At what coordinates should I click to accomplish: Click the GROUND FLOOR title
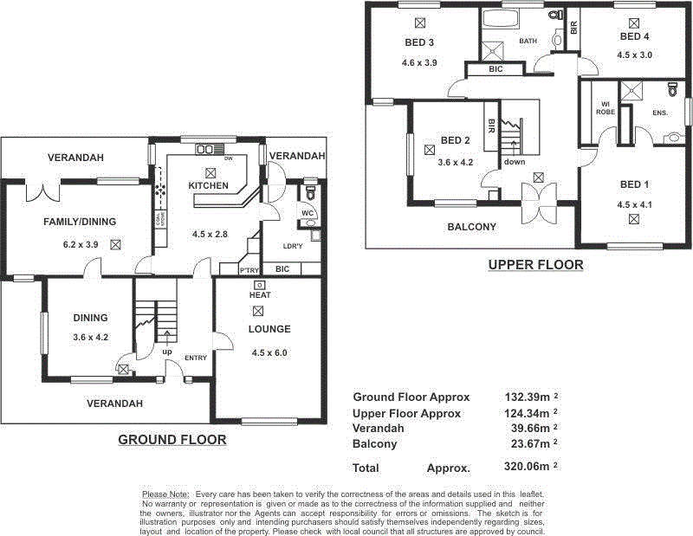[172, 440]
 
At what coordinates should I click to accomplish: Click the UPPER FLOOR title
[535, 265]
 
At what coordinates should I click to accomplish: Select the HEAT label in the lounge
[258, 295]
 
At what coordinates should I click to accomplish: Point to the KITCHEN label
[209, 186]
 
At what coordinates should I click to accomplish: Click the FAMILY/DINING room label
[80, 222]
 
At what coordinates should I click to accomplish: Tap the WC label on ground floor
[307, 212]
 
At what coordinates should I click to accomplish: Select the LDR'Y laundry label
[293, 246]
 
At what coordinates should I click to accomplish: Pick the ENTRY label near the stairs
[196, 357]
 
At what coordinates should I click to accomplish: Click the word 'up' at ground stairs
[165, 352]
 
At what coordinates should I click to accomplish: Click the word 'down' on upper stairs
[515, 162]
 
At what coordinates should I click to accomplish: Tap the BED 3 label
[419, 42]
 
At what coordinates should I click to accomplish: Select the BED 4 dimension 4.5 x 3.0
[634, 55]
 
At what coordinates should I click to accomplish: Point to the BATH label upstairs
[528, 41]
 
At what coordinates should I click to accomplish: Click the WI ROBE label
[606, 108]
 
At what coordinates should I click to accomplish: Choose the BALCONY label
[471, 227]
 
